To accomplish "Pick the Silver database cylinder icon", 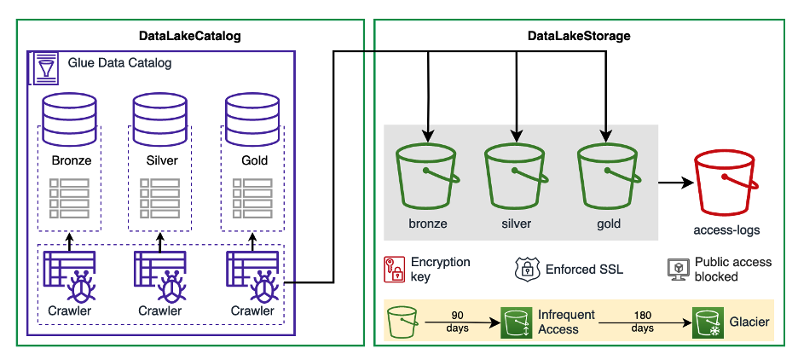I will coord(160,119).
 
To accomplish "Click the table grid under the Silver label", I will coord(160,197).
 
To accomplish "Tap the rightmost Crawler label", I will coord(253,311).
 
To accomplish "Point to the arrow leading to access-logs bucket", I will coord(674,183).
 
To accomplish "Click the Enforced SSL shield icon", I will coord(527,269).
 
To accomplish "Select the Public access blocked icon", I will coord(677,269).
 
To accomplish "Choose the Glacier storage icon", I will coord(707,323).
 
